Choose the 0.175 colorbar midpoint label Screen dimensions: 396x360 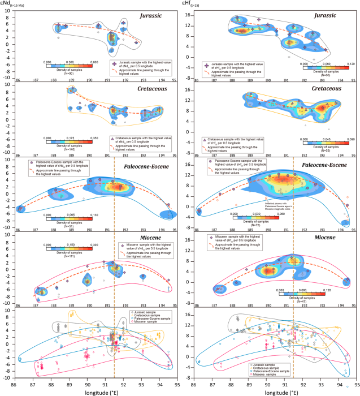(x=72, y=137)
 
